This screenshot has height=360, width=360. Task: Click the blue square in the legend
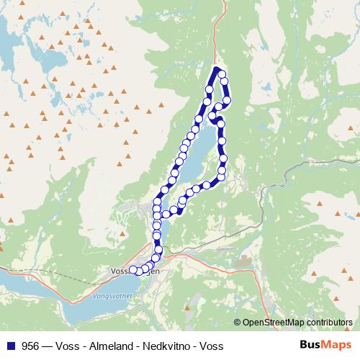10,346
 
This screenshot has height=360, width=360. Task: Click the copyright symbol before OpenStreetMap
238,323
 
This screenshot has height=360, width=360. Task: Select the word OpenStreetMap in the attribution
274,323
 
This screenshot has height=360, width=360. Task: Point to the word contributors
329,323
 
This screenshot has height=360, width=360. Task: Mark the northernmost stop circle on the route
222,75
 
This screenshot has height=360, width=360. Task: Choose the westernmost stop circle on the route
132,270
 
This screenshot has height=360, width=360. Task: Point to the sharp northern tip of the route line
217,68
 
